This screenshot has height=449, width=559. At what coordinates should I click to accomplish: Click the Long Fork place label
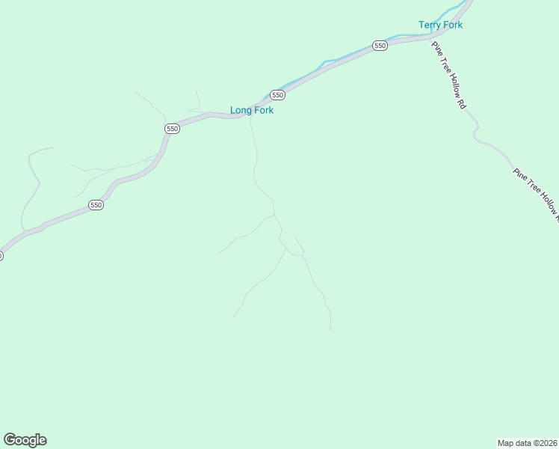(x=251, y=110)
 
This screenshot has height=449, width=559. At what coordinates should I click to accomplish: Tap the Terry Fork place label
(x=440, y=25)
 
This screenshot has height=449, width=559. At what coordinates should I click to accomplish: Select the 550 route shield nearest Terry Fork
(x=380, y=46)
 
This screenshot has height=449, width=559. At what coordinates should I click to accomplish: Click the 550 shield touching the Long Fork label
(x=277, y=95)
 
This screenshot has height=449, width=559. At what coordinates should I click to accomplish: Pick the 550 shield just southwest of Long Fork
(x=172, y=129)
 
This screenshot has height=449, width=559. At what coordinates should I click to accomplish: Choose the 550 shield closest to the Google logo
(x=96, y=205)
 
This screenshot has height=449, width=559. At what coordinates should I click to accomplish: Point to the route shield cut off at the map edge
(x=1, y=255)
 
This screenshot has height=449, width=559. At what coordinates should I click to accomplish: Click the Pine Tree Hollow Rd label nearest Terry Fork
(x=449, y=76)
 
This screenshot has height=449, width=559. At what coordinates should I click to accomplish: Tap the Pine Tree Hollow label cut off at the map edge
(x=536, y=195)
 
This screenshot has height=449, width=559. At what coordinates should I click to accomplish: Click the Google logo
(x=25, y=440)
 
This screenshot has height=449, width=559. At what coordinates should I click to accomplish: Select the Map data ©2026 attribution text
(x=528, y=442)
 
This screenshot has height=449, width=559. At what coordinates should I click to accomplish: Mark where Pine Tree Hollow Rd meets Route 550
(x=432, y=37)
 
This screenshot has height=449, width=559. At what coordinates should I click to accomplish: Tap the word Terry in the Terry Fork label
(x=430, y=25)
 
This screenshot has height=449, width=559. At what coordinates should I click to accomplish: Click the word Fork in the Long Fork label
(x=262, y=110)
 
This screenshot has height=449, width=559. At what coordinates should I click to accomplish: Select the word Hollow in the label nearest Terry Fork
(x=451, y=80)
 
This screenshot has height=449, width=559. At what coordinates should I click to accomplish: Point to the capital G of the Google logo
(x=9, y=439)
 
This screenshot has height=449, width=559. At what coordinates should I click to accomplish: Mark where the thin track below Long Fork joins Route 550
(x=250, y=117)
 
